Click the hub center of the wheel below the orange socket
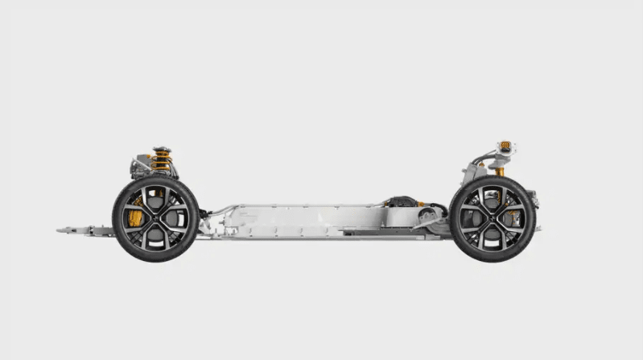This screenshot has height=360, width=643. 493,218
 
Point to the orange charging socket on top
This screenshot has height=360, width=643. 505,146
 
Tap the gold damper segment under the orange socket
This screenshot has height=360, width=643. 500,171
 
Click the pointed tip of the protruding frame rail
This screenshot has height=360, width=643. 60,231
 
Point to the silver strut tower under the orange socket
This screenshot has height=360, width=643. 475,172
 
